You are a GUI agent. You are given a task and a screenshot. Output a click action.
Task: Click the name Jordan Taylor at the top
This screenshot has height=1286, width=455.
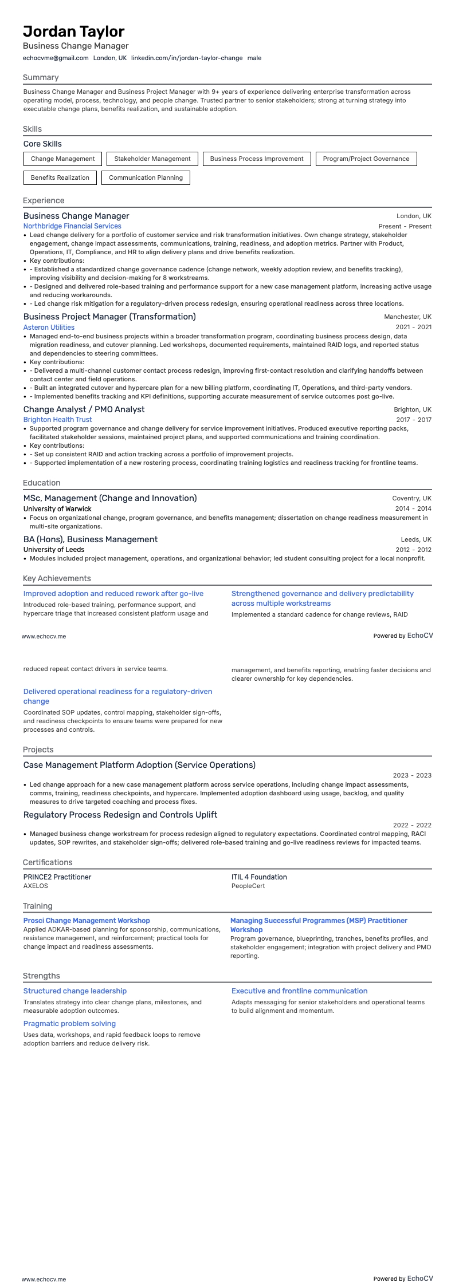point(74,31)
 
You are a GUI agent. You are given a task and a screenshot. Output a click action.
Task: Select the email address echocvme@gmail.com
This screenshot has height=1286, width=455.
point(56,58)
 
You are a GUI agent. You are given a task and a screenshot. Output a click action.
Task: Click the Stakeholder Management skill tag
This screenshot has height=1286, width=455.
point(152,159)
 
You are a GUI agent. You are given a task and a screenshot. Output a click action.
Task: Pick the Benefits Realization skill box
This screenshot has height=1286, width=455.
point(60,177)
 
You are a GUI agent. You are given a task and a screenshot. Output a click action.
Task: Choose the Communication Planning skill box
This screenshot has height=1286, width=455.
point(146,177)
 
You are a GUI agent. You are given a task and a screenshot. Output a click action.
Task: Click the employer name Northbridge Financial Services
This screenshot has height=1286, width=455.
point(72,226)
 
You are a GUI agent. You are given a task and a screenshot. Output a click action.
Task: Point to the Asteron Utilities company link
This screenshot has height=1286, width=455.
point(49,328)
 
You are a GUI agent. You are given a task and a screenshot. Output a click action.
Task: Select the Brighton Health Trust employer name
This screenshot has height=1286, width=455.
point(57,420)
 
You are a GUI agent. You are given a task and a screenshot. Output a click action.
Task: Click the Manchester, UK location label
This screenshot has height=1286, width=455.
point(407,317)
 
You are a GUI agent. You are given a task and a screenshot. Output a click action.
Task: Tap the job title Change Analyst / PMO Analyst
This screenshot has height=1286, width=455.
point(84,409)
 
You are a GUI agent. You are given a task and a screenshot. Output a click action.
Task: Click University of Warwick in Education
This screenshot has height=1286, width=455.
point(57,508)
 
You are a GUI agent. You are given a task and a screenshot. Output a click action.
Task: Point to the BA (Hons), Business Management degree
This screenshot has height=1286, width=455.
point(91,539)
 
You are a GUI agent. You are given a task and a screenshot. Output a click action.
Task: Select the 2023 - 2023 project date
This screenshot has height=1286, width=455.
point(412,775)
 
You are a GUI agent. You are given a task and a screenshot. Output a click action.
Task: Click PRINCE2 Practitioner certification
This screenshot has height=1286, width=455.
point(57,877)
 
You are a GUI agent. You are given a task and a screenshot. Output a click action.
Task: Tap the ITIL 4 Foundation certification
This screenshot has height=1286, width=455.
point(259,877)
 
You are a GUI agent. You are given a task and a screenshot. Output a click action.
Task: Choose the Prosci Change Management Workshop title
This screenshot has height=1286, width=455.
point(87,921)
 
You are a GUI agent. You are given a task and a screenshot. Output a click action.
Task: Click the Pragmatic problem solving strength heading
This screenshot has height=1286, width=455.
point(69,1023)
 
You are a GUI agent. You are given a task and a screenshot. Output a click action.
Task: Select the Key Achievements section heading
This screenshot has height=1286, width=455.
point(57,578)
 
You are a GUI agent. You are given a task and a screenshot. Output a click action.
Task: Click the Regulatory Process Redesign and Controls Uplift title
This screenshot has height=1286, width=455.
point(120,815)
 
